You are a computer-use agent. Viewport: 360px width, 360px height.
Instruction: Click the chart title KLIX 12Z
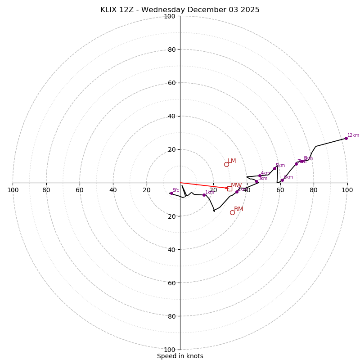click(180, 10)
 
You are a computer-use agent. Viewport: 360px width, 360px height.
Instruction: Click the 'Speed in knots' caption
click(180, 356)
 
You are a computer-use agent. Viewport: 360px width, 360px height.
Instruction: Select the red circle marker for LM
click(226, 164)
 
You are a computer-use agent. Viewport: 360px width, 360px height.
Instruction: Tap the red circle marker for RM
click(232, 212)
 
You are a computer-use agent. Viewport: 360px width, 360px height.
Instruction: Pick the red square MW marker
click(229, 189)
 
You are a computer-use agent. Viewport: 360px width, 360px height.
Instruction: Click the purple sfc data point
click(171, 193)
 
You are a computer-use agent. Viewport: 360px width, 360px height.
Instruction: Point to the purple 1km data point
click(204, 195)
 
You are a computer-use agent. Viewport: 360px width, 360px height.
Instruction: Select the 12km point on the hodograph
click(346, 138)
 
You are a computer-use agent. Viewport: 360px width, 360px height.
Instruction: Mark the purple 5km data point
click(274, 168)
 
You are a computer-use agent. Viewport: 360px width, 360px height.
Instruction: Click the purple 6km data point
click(282, 180)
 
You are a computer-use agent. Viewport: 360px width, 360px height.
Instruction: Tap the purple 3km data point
click(256, 181)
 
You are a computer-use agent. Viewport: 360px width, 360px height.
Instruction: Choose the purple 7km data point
click(296, 164)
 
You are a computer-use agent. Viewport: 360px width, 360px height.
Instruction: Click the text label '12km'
click(353, 135)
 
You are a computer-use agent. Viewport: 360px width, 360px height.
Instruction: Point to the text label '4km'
click(265, 173)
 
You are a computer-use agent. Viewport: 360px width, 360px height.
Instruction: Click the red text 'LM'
click(232, 161)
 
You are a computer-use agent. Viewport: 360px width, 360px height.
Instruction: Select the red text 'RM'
click(238, 209)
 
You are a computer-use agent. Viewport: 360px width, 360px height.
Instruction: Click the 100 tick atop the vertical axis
click(170, 16)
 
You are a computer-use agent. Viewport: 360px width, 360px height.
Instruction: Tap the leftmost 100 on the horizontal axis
click(13, 190)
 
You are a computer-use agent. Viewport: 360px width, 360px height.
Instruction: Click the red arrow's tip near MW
click(228, 188)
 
